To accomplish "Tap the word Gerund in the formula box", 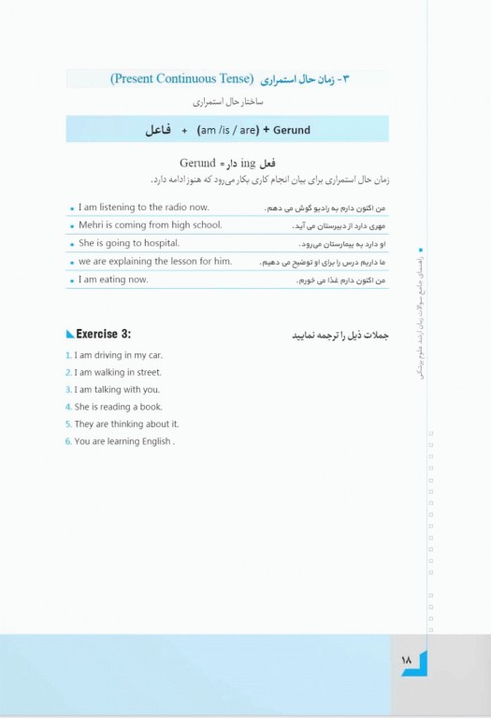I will coord(292,129).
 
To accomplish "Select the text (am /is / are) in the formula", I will coord(222,129).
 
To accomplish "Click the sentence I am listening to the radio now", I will coord(144,208).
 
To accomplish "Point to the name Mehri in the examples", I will coord(93,225).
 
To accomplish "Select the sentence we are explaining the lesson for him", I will coord(154,262).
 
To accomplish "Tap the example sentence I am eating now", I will coord(113,280).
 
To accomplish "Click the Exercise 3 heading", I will coord(103,334).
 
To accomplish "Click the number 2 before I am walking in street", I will coord(68,373).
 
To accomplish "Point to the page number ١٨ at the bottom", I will coord(407,660).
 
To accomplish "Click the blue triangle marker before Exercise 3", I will coord(70,335).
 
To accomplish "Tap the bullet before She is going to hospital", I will coord(72,244).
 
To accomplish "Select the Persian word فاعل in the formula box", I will coord(158,129).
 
